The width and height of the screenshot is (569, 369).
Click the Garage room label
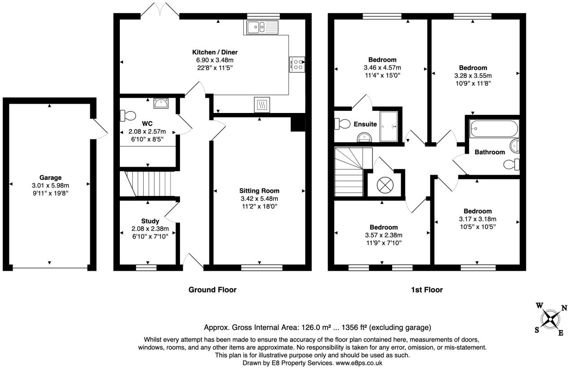pyautogui.click(x=50, y=178)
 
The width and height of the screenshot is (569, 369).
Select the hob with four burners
pyautogui.click(x=297, y=65)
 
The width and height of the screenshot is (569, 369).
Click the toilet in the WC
pyautogui.click(x=128, y=116)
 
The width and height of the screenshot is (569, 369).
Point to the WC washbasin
pyautogui.click(x=161, y=103)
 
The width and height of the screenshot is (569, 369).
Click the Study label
pyautogui.click(x=150, y=221)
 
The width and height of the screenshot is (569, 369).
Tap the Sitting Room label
pyautogui.click(x=259, y=191)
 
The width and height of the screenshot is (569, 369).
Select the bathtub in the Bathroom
pyautogui.click(x=494, y=128)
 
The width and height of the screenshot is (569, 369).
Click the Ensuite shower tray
pyautogui.click(x=389, y=126)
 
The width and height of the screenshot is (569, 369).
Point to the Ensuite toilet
pyautogui.click(x=343, y=124)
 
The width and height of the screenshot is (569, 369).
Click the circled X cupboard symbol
pyautogui.click(x=385, y=185)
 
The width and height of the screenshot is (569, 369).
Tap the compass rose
pyautogui.click(x=551, y=319)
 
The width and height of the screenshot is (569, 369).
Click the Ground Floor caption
pyautogui.click(x=212, y=290)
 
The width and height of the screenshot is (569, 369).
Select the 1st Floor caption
pyautogui.click(x=427, y=290)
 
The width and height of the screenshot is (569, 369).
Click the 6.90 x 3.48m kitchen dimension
pyautogui.click(x=214, y=60)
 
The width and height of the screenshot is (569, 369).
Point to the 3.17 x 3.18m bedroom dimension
pyautogui.click(x=477, y=219)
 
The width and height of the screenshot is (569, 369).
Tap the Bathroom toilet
pyautogui.click(x=512, y=165)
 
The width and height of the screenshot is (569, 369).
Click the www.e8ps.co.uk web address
pyautogui.click(x=359, y=363)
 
